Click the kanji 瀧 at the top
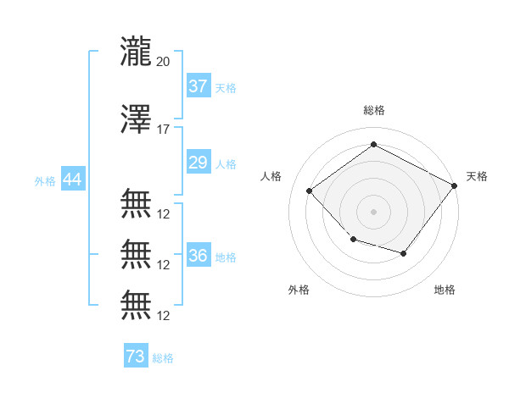tap(136, 52)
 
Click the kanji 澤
tap(136, 119)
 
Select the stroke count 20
tap(163, 62)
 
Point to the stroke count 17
tap(163, 130)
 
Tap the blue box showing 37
tap(199, 86)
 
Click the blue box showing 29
tap(199, 162)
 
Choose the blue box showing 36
tap(199, 254)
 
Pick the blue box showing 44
tap(73, 179)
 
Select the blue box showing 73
tap(136, 355)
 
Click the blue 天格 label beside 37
tap(226, 88)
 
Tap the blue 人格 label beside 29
tap(226, 164)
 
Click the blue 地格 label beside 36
tap(226, 257)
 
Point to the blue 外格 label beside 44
tap(45, 181)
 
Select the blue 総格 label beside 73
tap(163, 358)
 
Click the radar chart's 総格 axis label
tap(374, 110)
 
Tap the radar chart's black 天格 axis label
tap(477, 176)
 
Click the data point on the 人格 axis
tap(310, 191)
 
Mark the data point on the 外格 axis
tap(354, 240)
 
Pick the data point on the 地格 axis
tap(404, 253)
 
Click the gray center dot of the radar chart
tap(373, 212)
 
